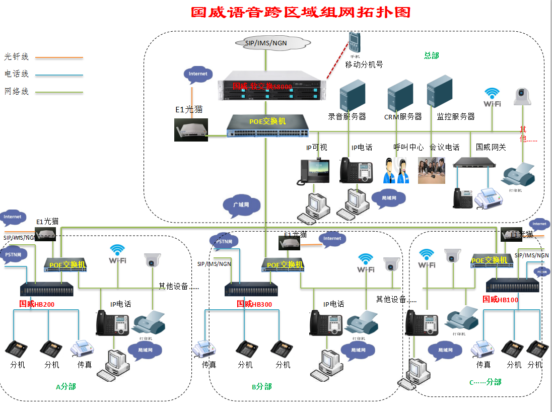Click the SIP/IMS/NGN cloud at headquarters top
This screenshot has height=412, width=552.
(x=266, y=43)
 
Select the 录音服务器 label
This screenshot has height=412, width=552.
(x=347, y=116)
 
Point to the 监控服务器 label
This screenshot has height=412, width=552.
(x=455, y=116)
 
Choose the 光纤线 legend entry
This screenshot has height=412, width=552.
(x=17, y=57)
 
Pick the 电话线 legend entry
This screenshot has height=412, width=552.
(x=17, y=74)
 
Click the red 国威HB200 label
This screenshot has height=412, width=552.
(x=37, y=304)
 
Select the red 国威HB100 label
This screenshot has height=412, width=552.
(x=500, y=299)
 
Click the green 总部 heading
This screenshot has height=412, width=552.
(x=432, y=55)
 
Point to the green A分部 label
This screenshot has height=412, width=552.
(x=66, y=386)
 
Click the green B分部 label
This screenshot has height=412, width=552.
(x=262, y=386)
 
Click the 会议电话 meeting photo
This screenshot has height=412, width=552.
(x=432, y=170)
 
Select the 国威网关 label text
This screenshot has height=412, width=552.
(x=491, y=147)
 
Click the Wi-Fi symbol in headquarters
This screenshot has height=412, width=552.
(x=492, y=97)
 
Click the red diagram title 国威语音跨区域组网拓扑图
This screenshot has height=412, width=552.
(x=300, y=12)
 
